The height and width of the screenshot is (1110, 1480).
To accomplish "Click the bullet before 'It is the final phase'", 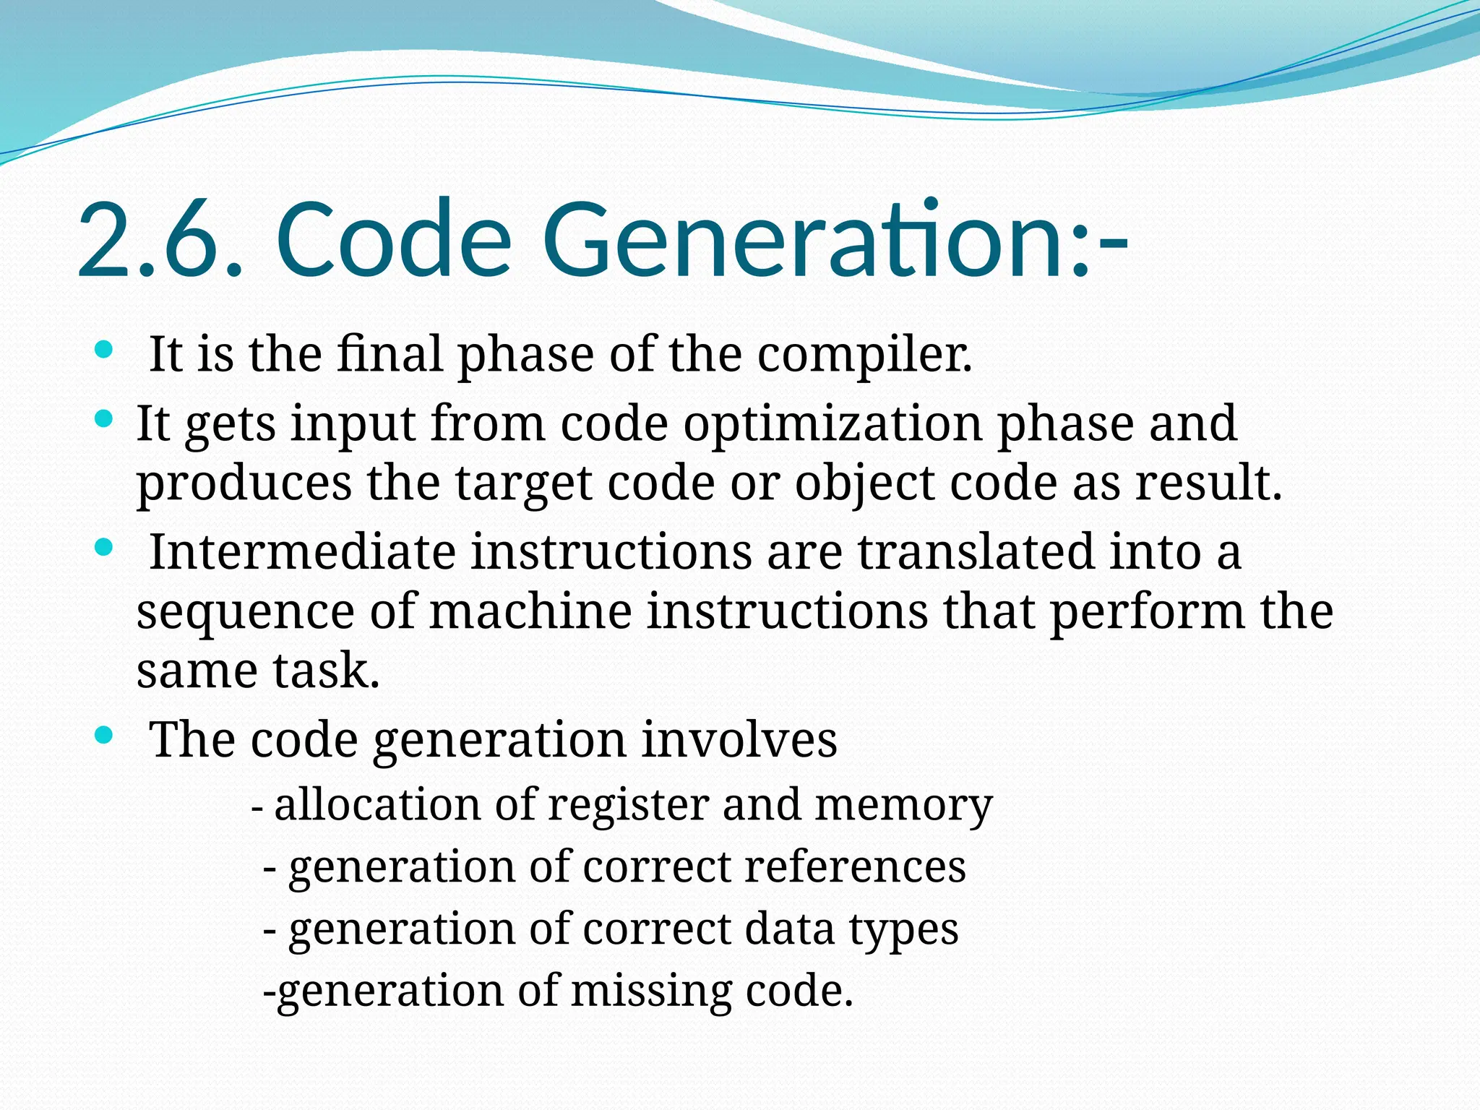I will pyautogui.click(x=104, y=351).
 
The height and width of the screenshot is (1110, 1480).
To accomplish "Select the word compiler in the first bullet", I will pyautogui.click(x=864, y=356).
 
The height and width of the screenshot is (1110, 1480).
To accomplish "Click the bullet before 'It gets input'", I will pyautogui.click(x=104, y=418).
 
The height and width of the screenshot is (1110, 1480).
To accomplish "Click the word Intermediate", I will pyautogui.click(x=302, y=552).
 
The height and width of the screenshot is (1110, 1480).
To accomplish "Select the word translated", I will pyautogui.click(x=976, y=552).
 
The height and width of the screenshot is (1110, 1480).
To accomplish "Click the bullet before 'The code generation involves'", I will pyautogui.click(x=104, y=736).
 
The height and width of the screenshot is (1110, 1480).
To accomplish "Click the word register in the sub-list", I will pyautogui.click(x=628, y=806).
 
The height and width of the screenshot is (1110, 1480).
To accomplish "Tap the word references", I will pyautogui.click(x=854, y=866).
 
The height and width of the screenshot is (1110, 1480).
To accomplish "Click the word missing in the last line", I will pyautogui.click(x=651, y=991).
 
